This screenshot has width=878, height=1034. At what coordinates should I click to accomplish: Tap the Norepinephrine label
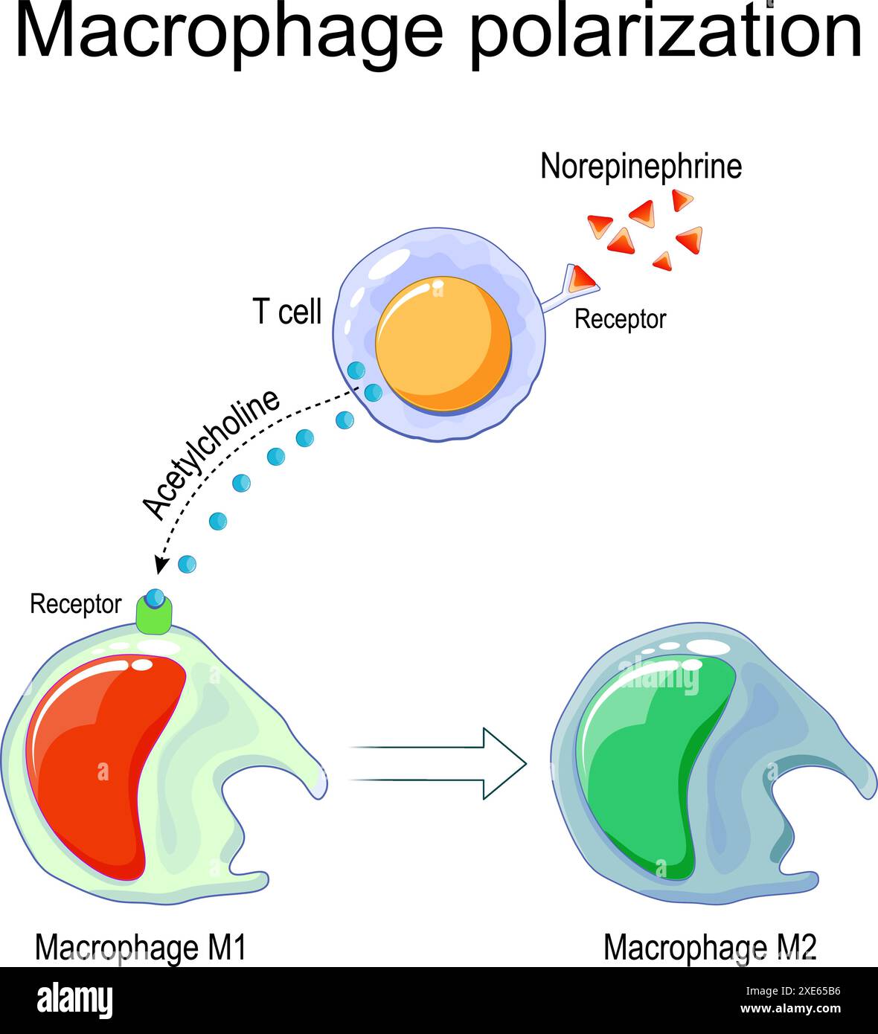pyautogui.click(x=641, y=166)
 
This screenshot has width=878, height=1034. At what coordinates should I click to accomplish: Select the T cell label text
pyautogui.click(x=287, y=311)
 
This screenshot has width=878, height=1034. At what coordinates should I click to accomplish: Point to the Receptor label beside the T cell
pyautogui.click(x=620, y=319)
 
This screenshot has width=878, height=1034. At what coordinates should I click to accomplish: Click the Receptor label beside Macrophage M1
pyautogui.click(x=75, y=604)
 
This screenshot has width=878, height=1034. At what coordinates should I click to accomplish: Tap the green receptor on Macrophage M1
pyautogui.click(x=154, y=614)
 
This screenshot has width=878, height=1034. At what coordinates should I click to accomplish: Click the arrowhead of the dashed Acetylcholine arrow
pyautogui.click(x=159, y=565)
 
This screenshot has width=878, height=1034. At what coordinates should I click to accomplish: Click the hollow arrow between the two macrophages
pyautogui.click(x=439, y=763)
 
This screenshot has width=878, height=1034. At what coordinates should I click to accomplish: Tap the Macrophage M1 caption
pyautogui.click(x=140, y=948)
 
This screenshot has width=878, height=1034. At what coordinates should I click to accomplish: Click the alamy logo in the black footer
pyautogui.click(x=74, y=1001)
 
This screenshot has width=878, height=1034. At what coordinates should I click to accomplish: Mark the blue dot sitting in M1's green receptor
pyautogui.click(x=155, y=597)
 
